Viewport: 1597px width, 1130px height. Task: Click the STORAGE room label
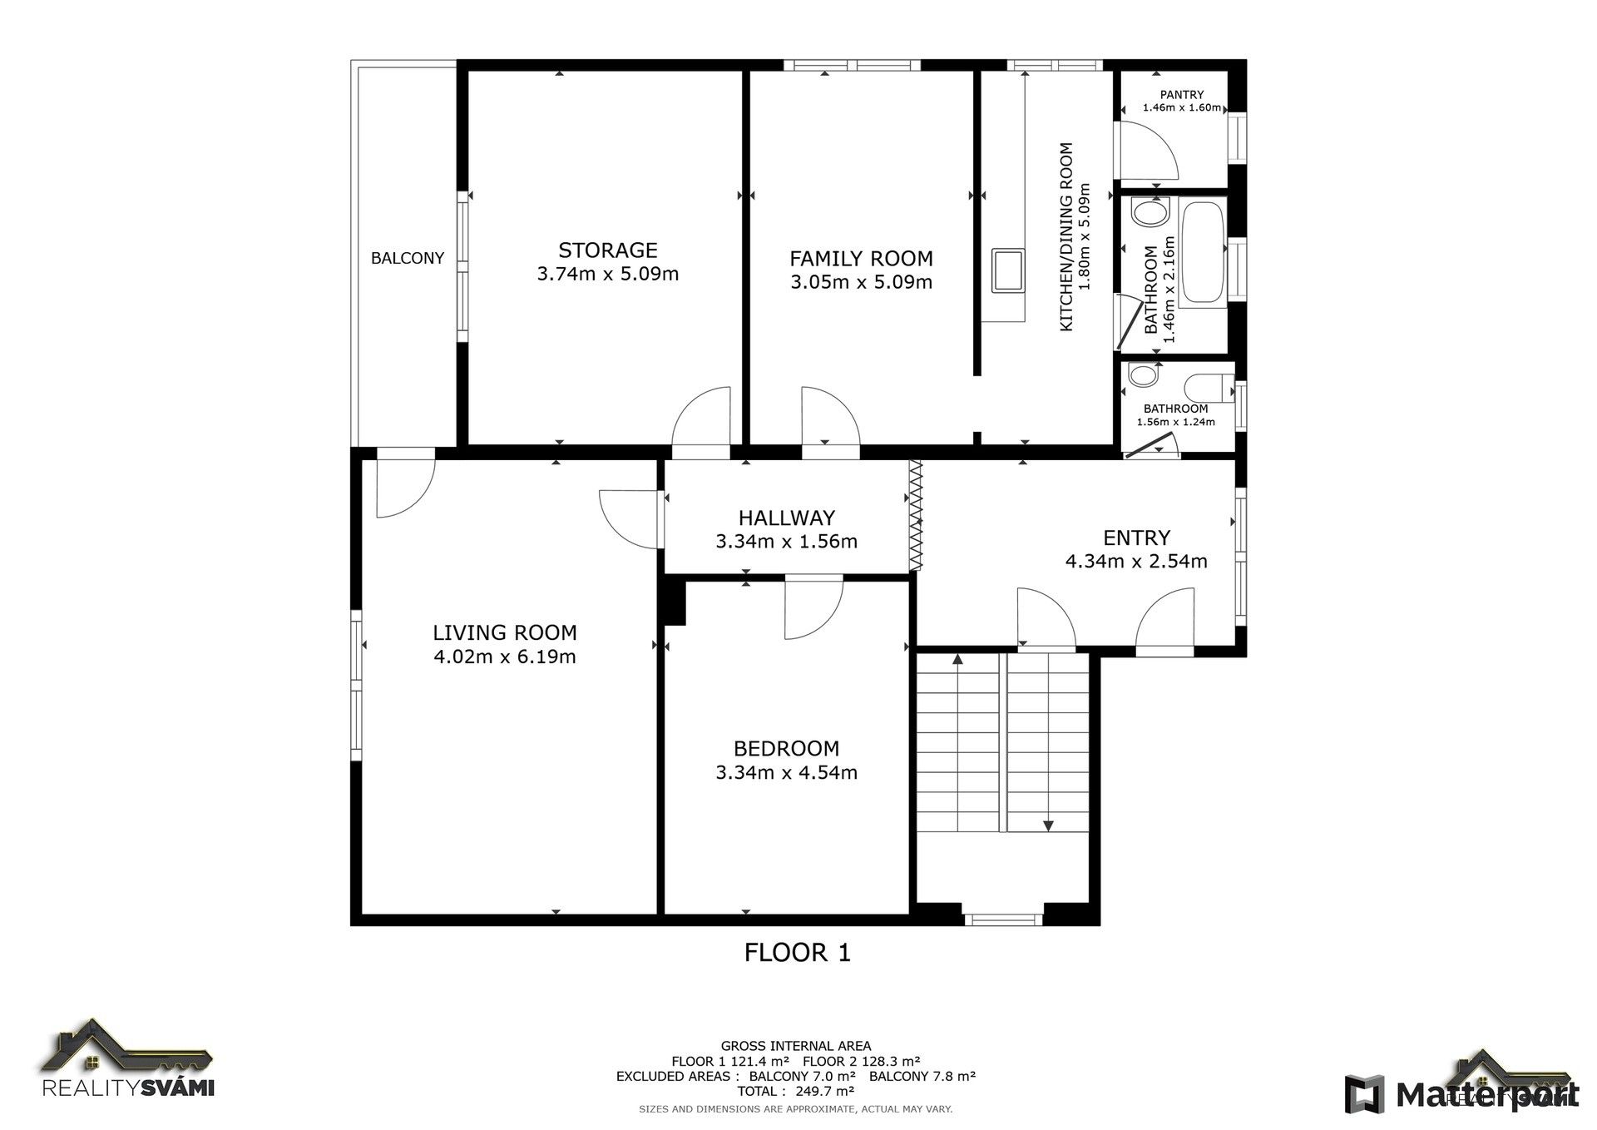coord(607,250)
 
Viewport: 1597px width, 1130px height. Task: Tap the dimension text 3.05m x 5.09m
coord(861,282)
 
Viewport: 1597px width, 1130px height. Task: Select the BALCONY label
coord(407,258)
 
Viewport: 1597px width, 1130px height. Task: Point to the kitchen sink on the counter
coord(1008,270)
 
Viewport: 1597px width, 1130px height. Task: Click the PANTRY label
coord(1182,95)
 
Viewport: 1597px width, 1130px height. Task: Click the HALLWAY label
coord(786,518)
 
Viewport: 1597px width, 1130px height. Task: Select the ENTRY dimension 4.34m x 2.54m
coord(1136,562)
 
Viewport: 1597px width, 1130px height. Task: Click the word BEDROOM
coord(786,748)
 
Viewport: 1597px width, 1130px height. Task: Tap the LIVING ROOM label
coord(504,632)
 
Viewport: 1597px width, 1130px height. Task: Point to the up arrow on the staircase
coord(957,659)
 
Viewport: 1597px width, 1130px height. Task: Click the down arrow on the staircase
coord(1048,825)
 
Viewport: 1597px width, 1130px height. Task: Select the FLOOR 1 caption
coord(797,952)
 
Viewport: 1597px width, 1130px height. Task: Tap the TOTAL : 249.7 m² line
coord(795,1091)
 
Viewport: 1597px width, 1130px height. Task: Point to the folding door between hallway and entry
coord(917,516)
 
